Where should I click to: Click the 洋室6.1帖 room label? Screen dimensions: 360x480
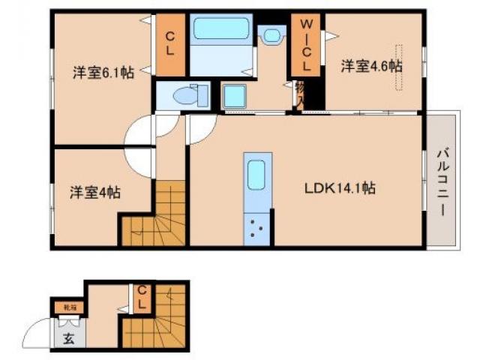104,73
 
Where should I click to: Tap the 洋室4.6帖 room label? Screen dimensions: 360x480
372,67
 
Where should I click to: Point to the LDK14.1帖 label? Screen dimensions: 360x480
340,189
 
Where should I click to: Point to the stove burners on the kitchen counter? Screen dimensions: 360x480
256,229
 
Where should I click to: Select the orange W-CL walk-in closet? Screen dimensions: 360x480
306,46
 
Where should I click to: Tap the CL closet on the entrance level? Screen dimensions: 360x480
141,300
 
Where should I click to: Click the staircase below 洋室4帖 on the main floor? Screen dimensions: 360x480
153,217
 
